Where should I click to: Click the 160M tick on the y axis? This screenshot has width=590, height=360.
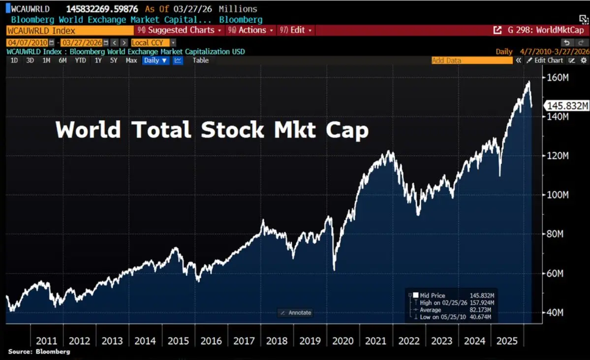pos(557,78)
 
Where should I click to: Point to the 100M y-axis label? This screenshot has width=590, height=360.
pos(557,195)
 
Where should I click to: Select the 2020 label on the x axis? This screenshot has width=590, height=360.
pos(342,341)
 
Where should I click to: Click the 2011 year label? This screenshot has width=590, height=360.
pos(46,341)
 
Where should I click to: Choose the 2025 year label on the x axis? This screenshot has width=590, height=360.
pos(507,341)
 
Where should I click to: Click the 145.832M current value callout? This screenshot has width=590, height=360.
pos(567,106)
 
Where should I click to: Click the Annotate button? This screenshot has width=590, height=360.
pos(295,313)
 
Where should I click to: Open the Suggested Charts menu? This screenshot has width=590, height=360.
pos(181,30)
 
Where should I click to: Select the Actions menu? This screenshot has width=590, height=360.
pos(252,30)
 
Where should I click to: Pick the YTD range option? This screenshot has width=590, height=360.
pos(80,61)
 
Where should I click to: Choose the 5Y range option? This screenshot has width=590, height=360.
pos(114,61)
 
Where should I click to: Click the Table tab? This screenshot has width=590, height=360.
pos(200,61)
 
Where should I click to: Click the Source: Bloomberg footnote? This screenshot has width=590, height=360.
pos(39,352)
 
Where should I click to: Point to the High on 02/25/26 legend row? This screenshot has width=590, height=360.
pos(453,303)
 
